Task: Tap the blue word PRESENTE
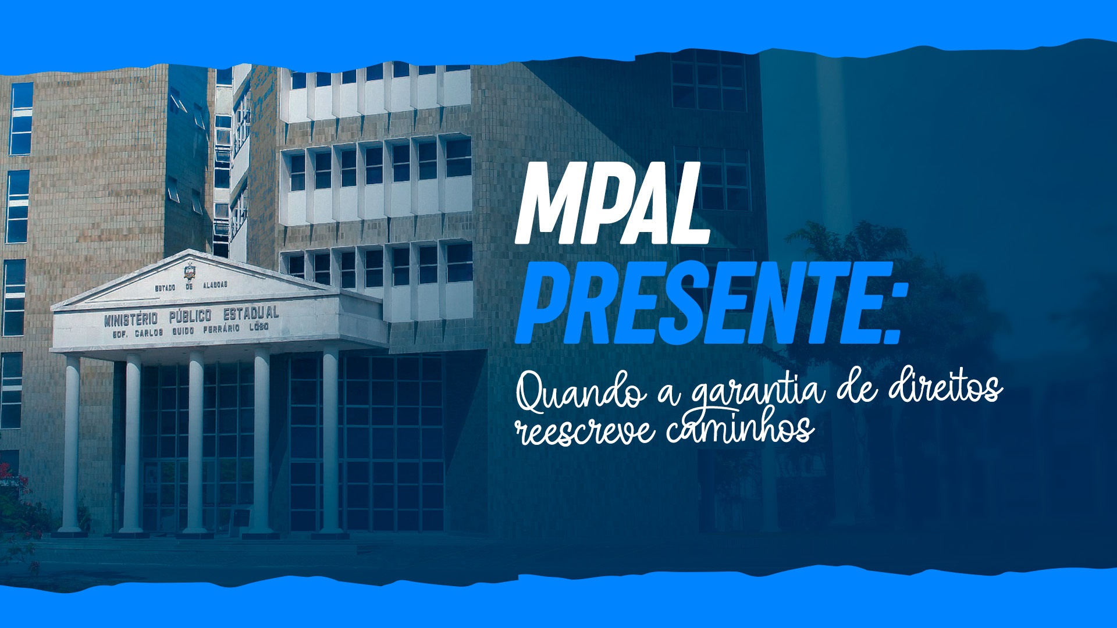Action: [696, 304]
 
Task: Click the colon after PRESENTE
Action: [890, 314]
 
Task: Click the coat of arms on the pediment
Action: [189, 272]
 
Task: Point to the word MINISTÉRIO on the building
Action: [131, 319]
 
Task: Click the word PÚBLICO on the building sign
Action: [190, 316]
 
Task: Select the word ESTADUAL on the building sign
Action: [251, 313]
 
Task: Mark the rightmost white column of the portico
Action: [330, 441]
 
